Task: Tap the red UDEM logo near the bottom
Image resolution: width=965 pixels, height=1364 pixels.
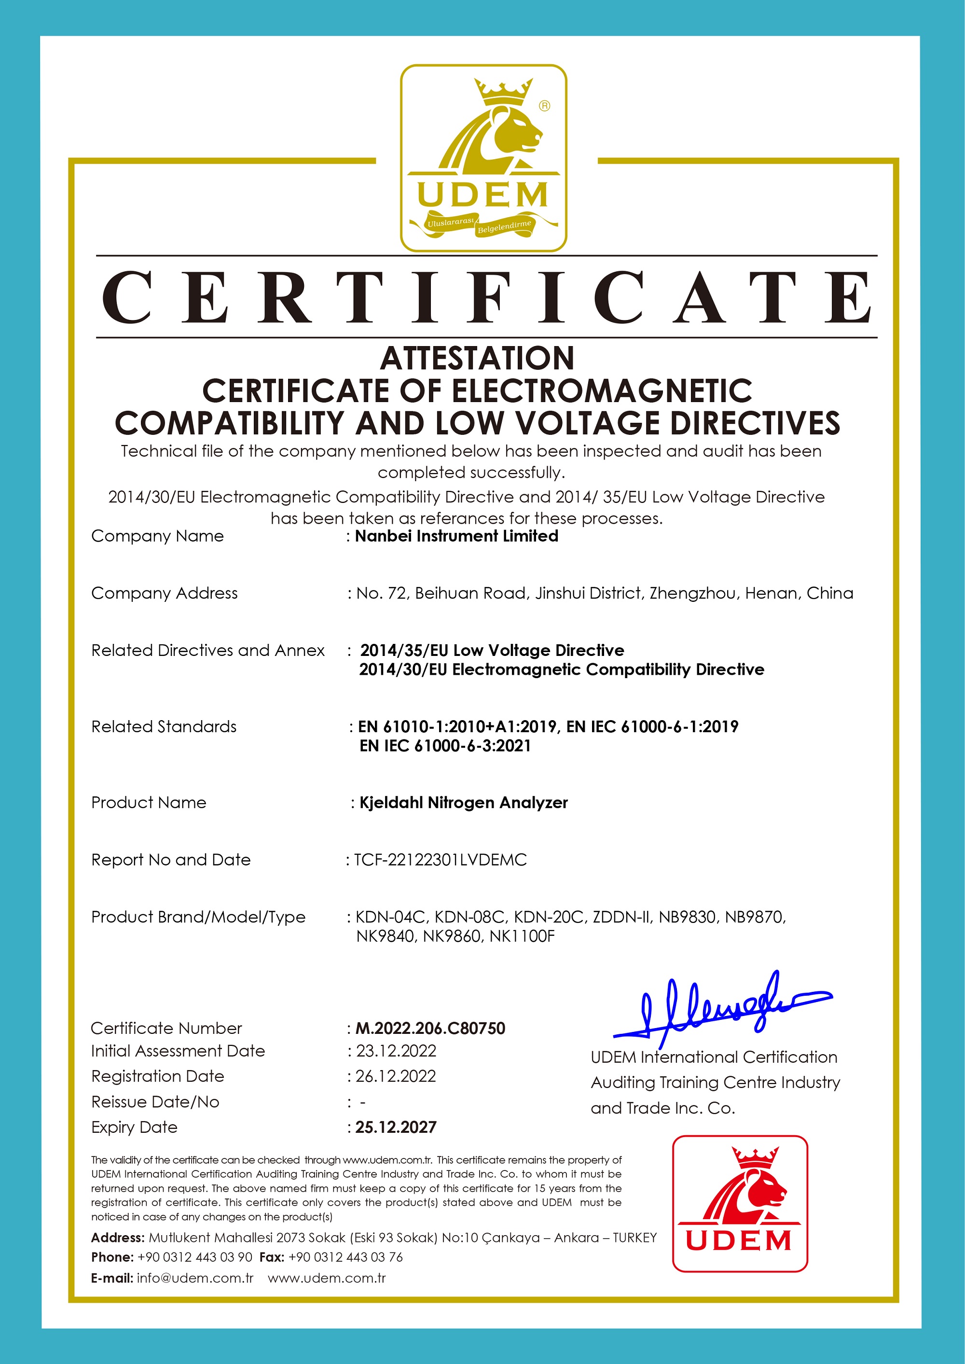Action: pyautogui.click(x=740, y=1204)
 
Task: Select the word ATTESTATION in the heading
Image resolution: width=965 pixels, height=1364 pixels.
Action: pyautogui.click(x=477, y=359)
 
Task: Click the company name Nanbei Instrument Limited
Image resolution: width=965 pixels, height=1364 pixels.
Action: pyautogui.click(x=456, y=536)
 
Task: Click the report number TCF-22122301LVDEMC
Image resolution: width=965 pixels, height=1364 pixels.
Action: pyautogui.click(x=441, y=860)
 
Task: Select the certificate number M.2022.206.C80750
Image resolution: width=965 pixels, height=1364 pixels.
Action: pyautogui.click(x=430, y=1028)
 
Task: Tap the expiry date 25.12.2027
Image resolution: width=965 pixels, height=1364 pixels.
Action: pyautogui.click(x=396, y=1127)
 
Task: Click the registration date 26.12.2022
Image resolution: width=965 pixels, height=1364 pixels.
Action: pyautogui.click(x=396, y=1076)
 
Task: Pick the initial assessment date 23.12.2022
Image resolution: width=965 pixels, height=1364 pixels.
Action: pyautogui.click(x=396, y=1051)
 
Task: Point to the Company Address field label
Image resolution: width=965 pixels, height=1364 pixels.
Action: pyautogui.click(x=164, y=593)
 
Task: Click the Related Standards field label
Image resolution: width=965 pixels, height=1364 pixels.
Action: pyautogui.click(x=164, y=726)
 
